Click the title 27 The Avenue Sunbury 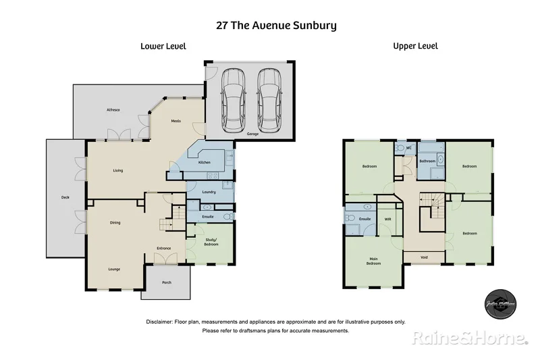coord(276,26)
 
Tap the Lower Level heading coord(163,46)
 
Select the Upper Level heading coord(416,46)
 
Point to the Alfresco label coord(113,109)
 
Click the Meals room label coord(175,121)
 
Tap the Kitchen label coord(205,163)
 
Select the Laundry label coord(209,192)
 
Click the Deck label coord(65,197)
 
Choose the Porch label coord(166,282)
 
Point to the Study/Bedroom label coord(211,242)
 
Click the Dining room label coord(115,222)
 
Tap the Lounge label coord(115,269)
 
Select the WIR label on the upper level coord(388,220)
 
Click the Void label coord(424,257)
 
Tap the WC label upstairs coord(409,148)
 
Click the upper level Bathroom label coord(427,161)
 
